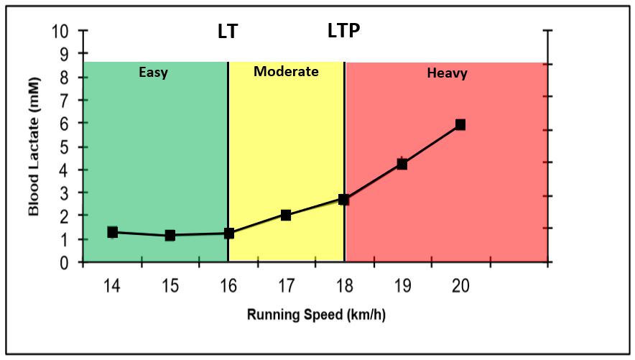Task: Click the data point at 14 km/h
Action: pos(113,232)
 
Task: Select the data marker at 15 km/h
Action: pos(170,235)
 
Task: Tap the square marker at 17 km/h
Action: pos(286,215)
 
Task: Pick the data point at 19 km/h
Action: pos(402,164)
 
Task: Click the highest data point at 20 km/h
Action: pos(460,125)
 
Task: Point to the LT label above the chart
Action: pos(227,32)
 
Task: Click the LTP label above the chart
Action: pos(343,31)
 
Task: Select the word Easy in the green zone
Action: pos(154,73)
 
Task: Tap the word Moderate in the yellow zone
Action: pos(286,72)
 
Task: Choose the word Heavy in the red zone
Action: pos(447,73)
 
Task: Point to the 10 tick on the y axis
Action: pos(61,32)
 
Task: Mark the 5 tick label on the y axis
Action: pos(65,147)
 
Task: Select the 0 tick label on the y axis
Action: pos(65,264)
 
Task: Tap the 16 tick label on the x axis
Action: pos(228,286)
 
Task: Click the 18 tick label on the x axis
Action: pos(344,286)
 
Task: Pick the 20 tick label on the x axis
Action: pos(460,286)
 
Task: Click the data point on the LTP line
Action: pos(344,199)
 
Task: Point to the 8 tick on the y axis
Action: pos(65,78)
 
